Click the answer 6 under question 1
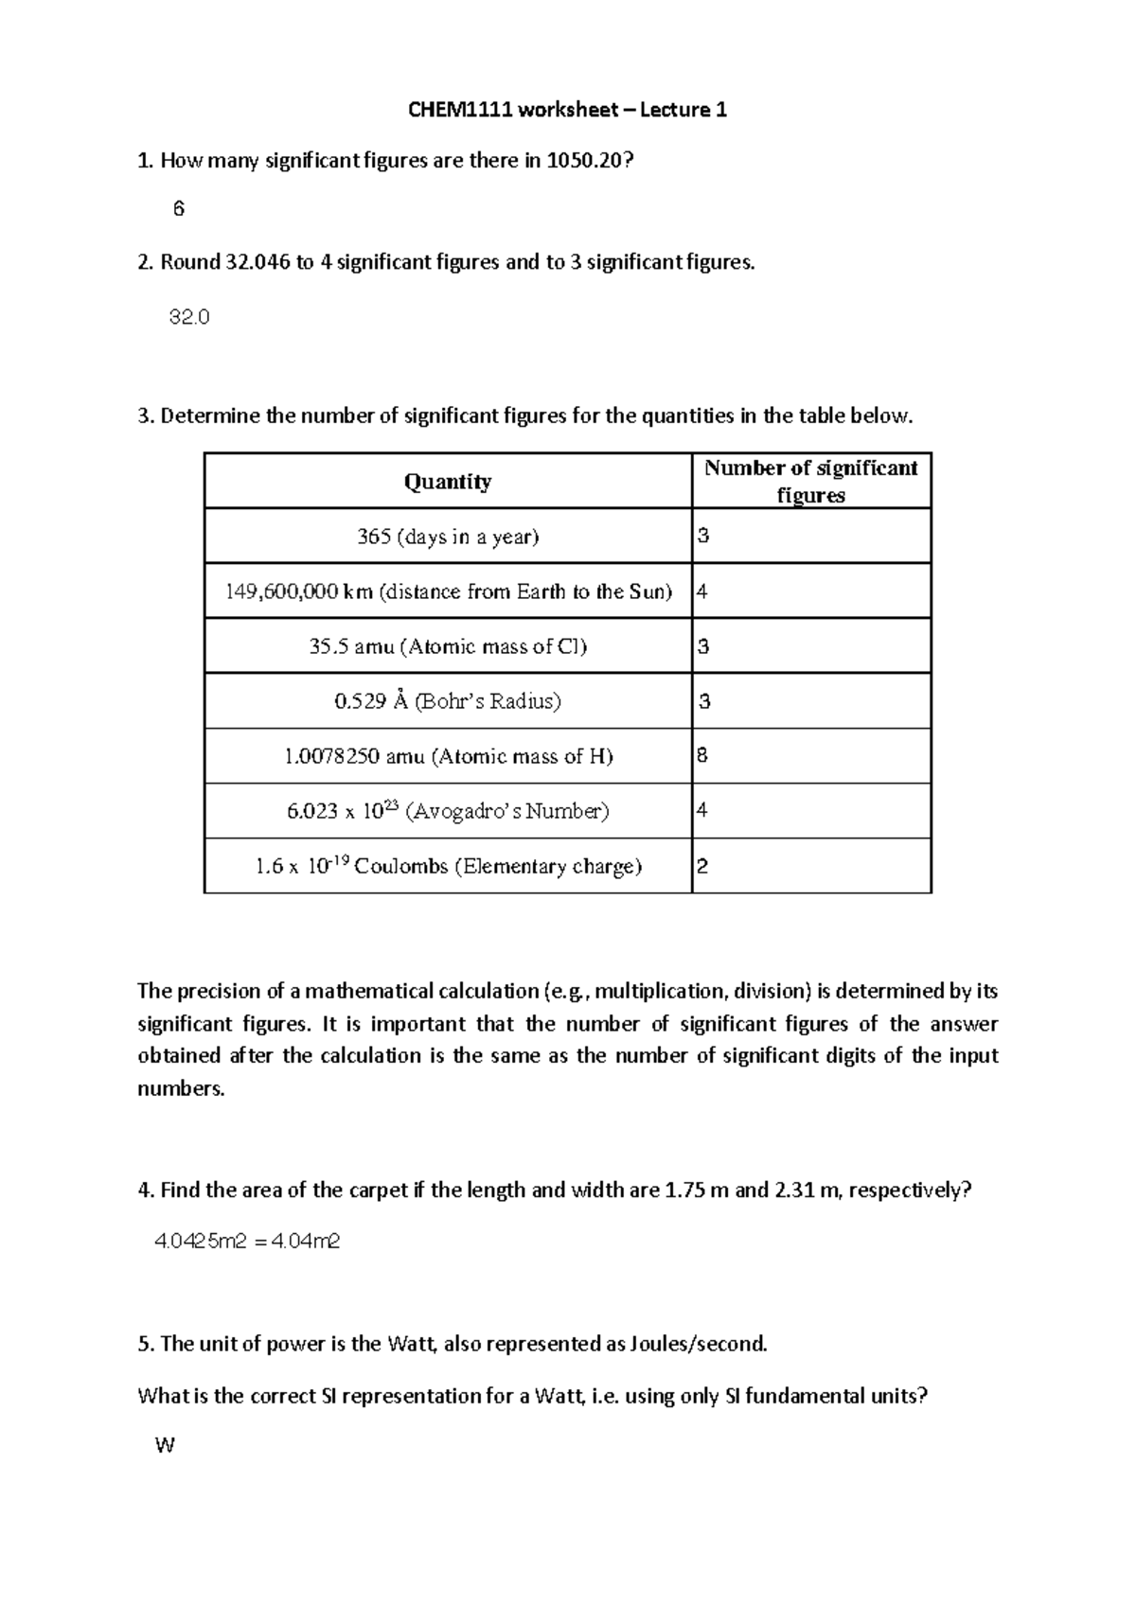[x=179, y=209]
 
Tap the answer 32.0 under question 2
[x=188, y=317]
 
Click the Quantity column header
[x=448, y=482]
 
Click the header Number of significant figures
[x=810, y=481]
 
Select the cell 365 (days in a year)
[x=448, y=537]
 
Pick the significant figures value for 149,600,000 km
[x=702, y=591]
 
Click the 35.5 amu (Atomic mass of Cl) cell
[x=448, y=646]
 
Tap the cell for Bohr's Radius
[x=448, y=701]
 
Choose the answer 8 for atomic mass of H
[x=702, y=755]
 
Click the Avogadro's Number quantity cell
[x=448, y=811]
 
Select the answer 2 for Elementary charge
[x=702, y=866]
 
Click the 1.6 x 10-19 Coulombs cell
[x=448, y=866]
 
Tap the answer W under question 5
[x=164, y=1445]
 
